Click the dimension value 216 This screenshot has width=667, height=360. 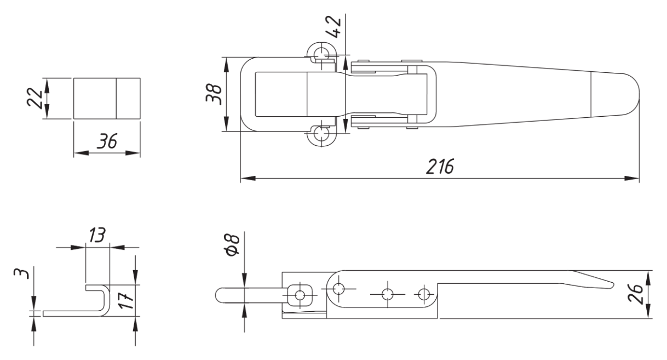440,166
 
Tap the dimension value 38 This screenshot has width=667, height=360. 214,94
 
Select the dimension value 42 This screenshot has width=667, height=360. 333,27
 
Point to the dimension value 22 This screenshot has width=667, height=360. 35,98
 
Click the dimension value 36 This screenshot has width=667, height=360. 107,141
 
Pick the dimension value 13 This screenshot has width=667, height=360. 97,235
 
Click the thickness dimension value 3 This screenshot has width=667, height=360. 22,273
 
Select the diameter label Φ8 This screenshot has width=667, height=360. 233,244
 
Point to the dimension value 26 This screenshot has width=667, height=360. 635,294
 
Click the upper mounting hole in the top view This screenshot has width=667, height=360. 321,55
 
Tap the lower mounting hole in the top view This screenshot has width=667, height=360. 321,133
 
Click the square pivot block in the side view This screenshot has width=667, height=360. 300,296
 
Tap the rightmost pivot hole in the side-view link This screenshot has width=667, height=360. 423,294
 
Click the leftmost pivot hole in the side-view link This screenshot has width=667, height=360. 338,288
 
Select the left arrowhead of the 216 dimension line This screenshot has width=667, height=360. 248,178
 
